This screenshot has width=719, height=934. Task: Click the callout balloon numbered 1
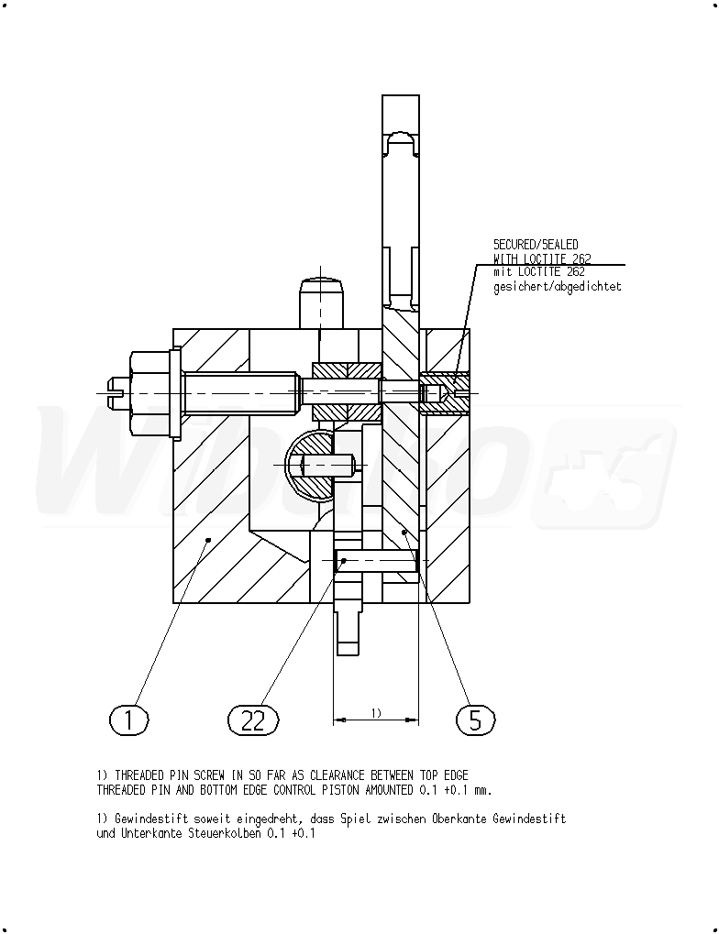tap(128, 720)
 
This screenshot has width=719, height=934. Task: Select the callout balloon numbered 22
tap(253, 720)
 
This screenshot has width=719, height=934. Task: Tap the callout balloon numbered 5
tap(476, 720)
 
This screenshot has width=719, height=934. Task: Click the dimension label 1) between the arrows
tap(376, 712)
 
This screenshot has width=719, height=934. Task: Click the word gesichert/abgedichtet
tap(558, 287)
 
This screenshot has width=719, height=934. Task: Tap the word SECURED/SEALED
tap(536, 244)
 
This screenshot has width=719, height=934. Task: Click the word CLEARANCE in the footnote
tap(337, 775)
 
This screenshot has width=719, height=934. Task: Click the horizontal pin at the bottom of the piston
tap(378, 561)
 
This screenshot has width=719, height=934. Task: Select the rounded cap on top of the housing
tap(321, 302)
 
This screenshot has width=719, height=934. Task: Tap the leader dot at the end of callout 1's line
tap(208, 540)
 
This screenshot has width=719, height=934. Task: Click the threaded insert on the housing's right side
tap(445, 393)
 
